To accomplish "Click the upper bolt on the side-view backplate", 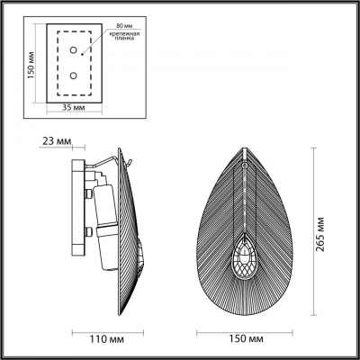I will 87,191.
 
